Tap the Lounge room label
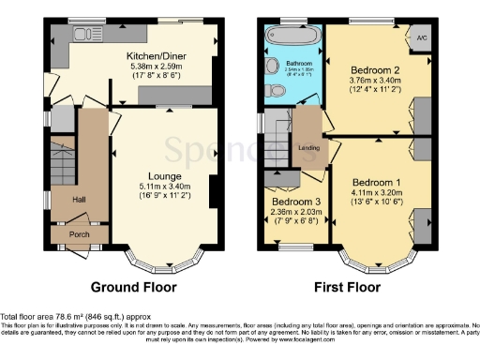click(x=165, y=175)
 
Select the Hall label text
click(x=80, y=199)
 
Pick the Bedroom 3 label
click(x=293, y=202)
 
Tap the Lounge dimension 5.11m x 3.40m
click(x=165, y=186)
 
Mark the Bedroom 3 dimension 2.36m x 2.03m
click(x=293, y=212)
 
